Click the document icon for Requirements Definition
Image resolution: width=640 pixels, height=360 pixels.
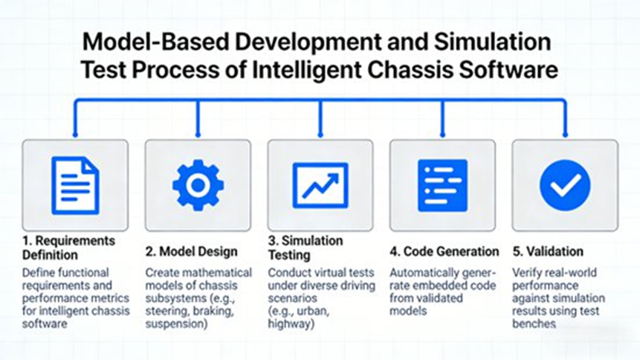click(x=75, y=185)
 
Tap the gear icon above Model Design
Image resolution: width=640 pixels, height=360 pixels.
click(x=198, y=185)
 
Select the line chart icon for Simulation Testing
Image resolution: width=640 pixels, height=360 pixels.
click(x=320, y=185)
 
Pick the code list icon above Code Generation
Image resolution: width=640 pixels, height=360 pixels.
click(x=442, y=185)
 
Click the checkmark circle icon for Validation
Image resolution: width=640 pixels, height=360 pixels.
click(x=565, y=185)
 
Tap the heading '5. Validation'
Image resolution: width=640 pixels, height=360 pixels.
click(x=548, y=251)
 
